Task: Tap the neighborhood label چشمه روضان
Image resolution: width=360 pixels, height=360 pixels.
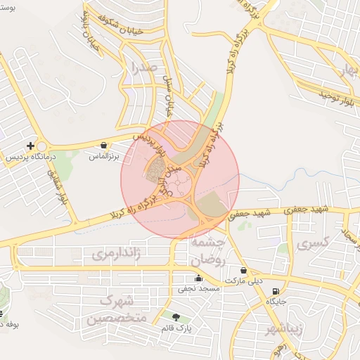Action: point(207,251)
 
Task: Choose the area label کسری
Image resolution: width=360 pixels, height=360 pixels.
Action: point(313,244)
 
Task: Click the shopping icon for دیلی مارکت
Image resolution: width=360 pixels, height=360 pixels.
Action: point(243,270)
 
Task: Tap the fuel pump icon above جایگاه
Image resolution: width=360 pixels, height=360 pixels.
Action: point(274,291)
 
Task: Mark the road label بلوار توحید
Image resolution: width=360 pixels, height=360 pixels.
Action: point(326,94)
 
